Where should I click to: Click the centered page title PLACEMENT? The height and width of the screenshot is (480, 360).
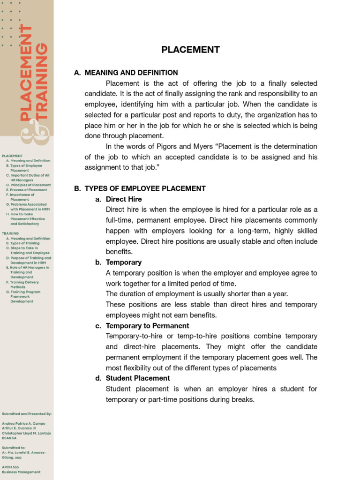pyautogui.click(x=190, y=50)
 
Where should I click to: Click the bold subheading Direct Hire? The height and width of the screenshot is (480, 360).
pyautogui.click(x=124, y=199)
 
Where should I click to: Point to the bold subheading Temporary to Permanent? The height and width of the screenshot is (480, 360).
pyautogui.click(x=147, y=326)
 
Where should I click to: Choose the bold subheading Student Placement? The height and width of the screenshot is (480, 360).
pyautogui.click(x=138, y=378)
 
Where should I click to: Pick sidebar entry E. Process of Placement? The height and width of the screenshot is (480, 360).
pyautogui.click(x=27, y=190)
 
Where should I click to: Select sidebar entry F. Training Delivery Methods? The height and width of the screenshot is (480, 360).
pyautogui.click(x=22, y=285)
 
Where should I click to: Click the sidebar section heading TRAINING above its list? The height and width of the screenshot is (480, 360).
pyautogui.click(x=10, y=233)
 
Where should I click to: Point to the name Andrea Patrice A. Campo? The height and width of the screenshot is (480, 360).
pyautogui.click(x=23, y=423)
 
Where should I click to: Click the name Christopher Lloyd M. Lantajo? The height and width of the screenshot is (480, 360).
pyautogui.click(x=26, y=433)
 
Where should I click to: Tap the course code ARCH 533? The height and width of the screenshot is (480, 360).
pyautogui.click(x=10, y=467)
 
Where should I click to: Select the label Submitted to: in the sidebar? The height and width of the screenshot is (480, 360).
pyautogui.click(x=14, y=448)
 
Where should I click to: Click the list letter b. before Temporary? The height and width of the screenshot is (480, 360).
pyautogui.click(x=98, y=262)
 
